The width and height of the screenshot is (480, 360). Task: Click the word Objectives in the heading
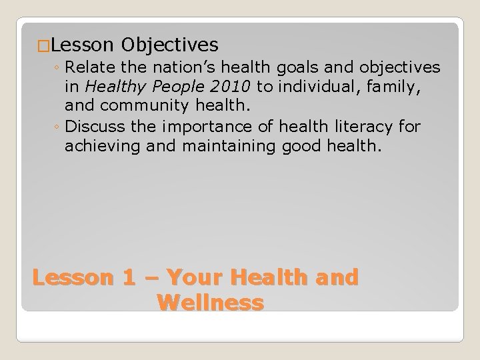click(x=170, y=45)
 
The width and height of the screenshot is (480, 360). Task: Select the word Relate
click(x=90, y=67)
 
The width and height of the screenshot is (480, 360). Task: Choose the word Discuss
click(x=94, y=126)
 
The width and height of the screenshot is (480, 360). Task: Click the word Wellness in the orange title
click(x=211, y=303)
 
